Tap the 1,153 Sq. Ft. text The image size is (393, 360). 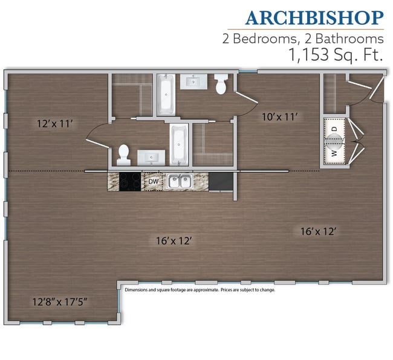[329, 55]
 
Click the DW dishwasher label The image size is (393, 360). [153, 181]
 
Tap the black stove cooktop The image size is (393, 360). [130, 181]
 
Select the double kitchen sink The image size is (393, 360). [179, 181]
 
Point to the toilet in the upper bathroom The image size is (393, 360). [221, 85]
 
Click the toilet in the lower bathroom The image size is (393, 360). [124, 155]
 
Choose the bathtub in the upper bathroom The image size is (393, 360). [165, 94]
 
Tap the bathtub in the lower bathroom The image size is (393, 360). [178, 145]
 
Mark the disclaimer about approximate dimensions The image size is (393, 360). [200, 290]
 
